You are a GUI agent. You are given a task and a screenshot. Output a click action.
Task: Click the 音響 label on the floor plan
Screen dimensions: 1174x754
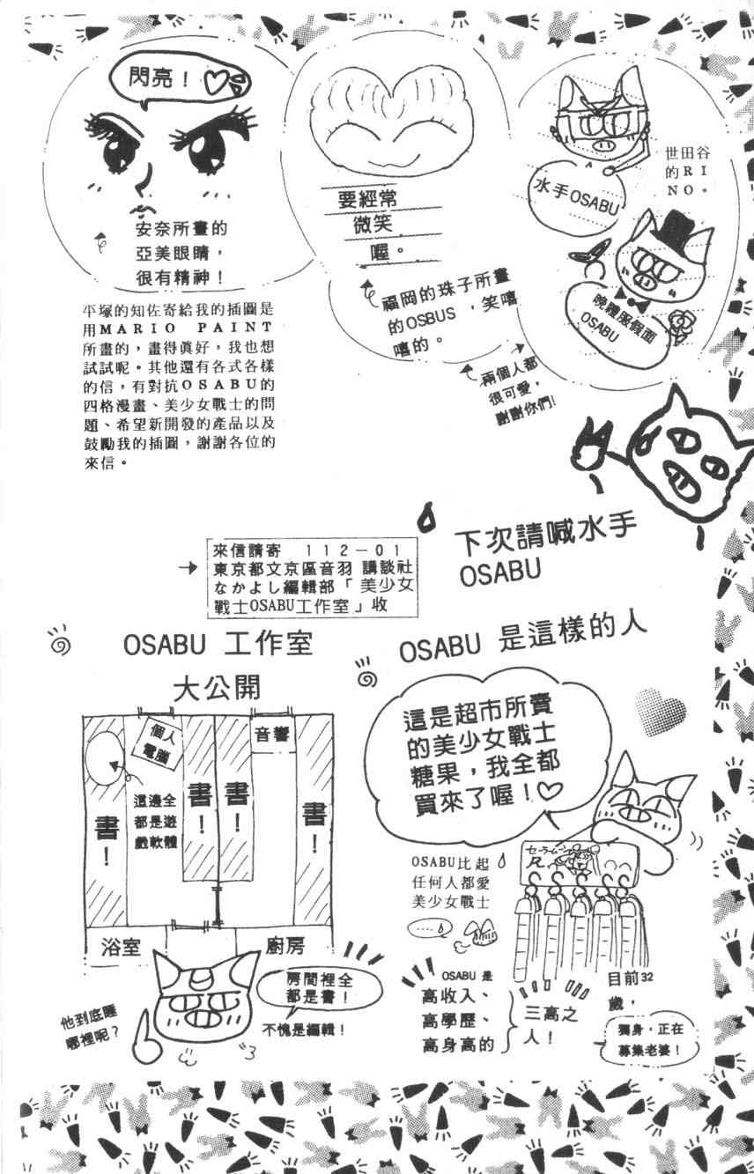[271, 736]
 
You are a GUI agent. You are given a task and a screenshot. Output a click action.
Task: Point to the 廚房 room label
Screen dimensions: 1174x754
[284, 947]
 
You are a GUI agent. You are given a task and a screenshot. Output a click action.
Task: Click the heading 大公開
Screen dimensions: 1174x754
[216, 687]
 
